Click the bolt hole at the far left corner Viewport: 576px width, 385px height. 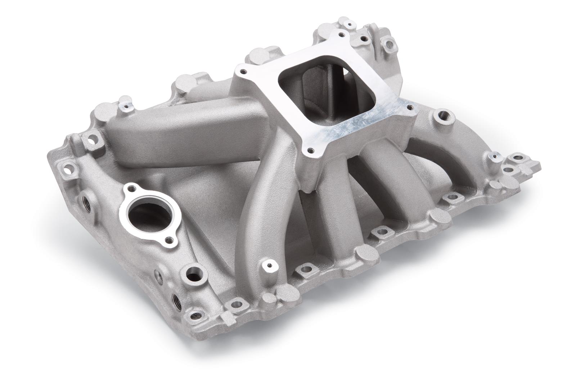point(67,167)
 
